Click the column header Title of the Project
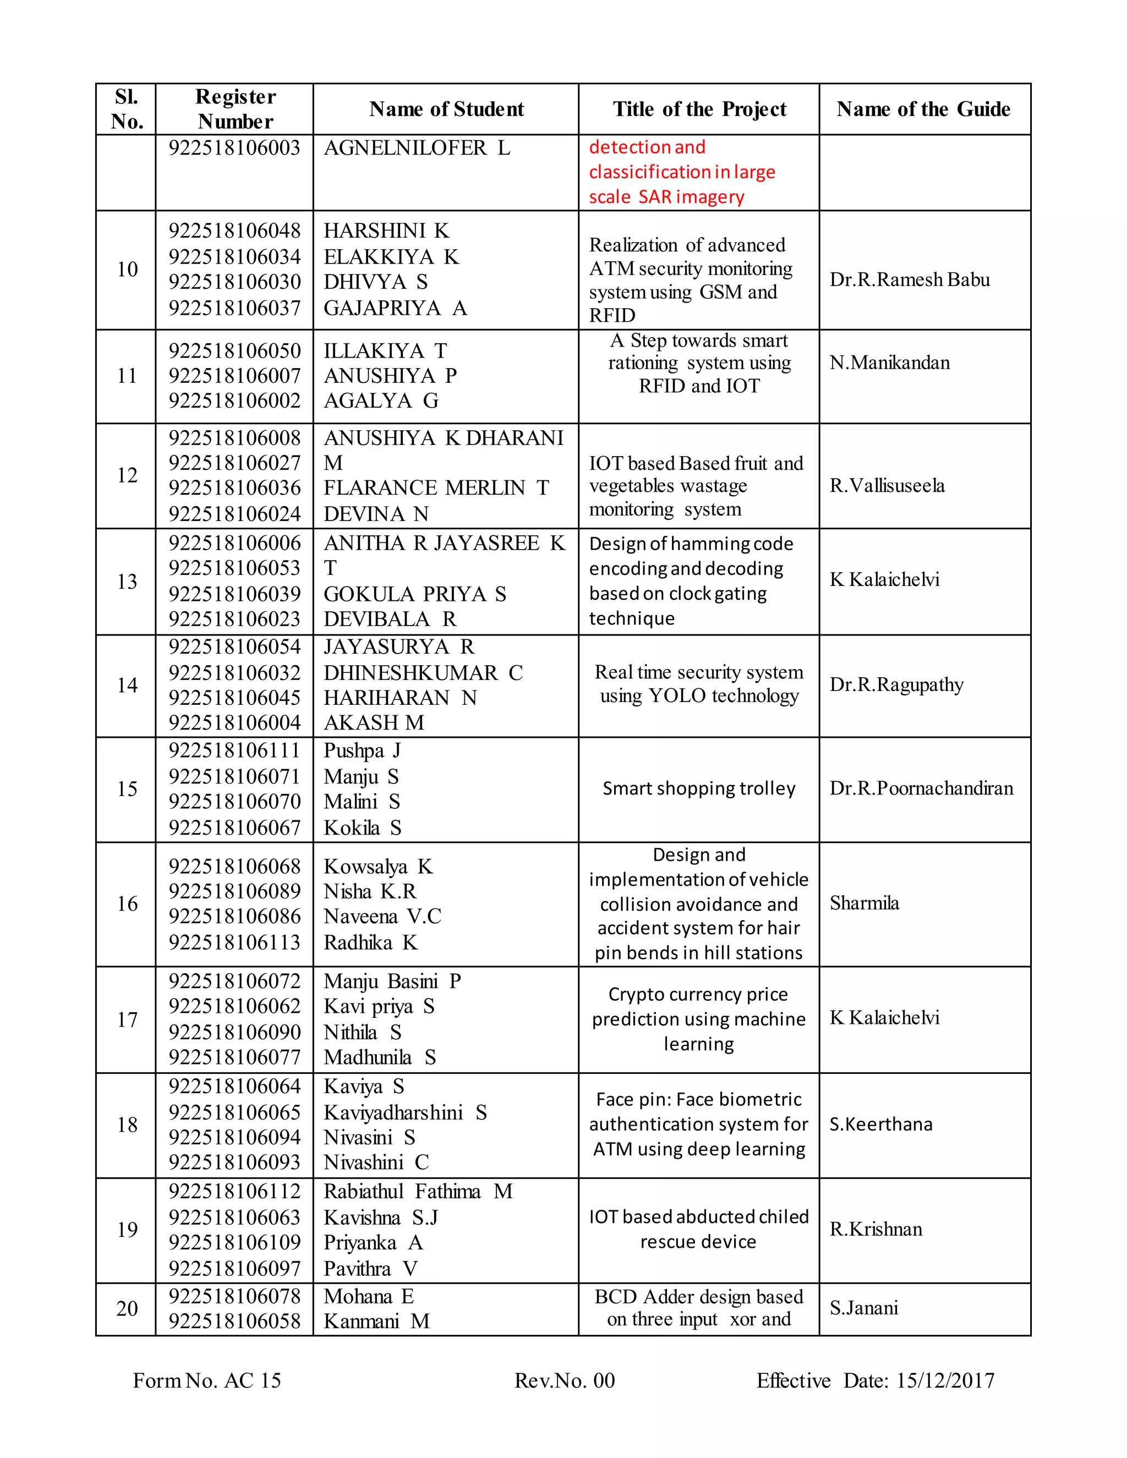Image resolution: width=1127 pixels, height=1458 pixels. [699, 109]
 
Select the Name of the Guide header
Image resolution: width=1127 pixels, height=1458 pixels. [923, 109]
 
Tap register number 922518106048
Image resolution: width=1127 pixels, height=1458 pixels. [234, 231]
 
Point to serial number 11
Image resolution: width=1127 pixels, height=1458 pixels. [127, 376]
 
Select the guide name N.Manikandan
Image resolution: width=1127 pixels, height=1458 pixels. [889, 363]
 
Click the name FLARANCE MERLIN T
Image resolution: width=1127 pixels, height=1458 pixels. [436, 488]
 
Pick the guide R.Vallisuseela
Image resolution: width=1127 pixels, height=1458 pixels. [887, 485]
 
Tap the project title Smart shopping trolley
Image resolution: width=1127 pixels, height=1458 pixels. [698, 788]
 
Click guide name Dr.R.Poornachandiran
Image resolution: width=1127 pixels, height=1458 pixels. [921, 788]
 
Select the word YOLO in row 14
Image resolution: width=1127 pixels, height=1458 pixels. [677, 695]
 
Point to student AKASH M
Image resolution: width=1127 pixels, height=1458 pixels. [373, 722]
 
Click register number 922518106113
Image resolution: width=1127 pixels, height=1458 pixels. [234, 942]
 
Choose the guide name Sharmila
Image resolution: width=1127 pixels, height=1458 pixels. [864, 903]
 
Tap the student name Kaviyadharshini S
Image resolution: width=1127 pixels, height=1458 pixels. [404, 1113]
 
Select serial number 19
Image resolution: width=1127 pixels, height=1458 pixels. [127, 1230]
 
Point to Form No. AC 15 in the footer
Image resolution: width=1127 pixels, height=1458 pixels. [207, 1380]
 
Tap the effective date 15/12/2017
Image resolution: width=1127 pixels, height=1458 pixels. [945, 1380]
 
